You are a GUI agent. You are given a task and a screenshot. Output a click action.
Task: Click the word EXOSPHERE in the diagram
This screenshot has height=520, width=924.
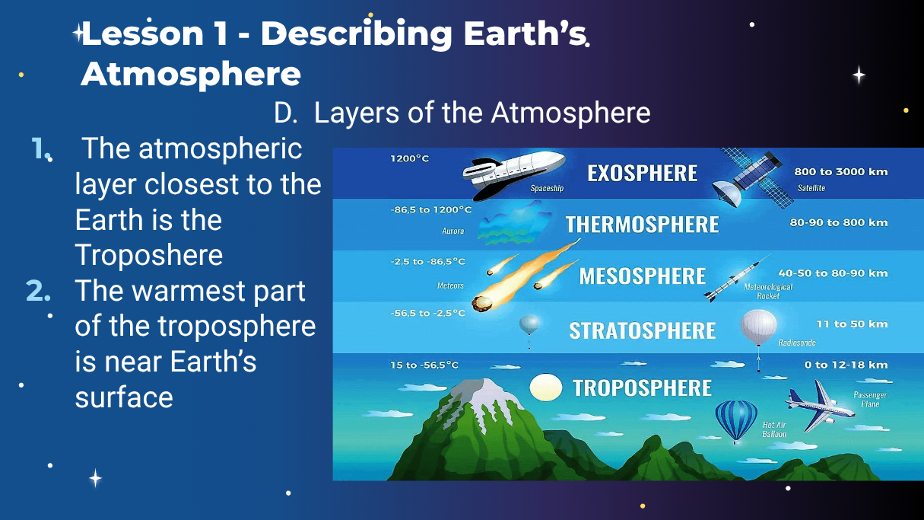tap(643, 173)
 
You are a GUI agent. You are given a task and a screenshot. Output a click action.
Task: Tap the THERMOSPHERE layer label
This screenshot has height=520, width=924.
tap(642, 225)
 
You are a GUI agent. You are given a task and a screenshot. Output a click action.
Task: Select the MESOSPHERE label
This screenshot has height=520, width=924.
tap(643, 276)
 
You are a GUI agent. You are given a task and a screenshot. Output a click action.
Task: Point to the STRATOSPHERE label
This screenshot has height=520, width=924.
tap(643, 330)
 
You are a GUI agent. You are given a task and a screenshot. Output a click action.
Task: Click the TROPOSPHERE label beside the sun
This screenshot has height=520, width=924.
tap(643, 388)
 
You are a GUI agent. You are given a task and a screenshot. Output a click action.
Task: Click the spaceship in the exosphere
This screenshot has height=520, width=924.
tap(513, 174)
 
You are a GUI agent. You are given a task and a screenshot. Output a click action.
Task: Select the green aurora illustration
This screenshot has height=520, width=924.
tap(513, 223)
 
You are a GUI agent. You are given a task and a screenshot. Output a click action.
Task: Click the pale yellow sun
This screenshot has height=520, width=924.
tap(546, 387)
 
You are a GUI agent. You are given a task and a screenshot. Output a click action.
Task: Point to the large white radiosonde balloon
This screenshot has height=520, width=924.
tap(758, 328)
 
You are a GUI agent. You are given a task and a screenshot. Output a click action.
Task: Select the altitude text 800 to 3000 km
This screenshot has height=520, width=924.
tap(840, 171)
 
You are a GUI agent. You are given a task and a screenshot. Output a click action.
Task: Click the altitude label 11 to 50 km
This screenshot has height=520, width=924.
tap(852, 324)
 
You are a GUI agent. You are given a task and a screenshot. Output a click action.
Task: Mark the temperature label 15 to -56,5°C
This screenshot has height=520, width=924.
tap(424, 365)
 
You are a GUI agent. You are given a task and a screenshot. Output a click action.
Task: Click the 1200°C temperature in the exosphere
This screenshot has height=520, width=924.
tap(410, 158)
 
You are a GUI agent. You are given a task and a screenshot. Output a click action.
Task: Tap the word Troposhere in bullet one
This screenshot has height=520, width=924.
tap(149, 255)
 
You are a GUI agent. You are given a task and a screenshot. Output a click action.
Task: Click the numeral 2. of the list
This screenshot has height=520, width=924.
tap(38, 291)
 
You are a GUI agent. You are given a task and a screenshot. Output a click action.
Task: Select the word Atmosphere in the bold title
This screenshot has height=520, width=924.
tap(191, 75)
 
